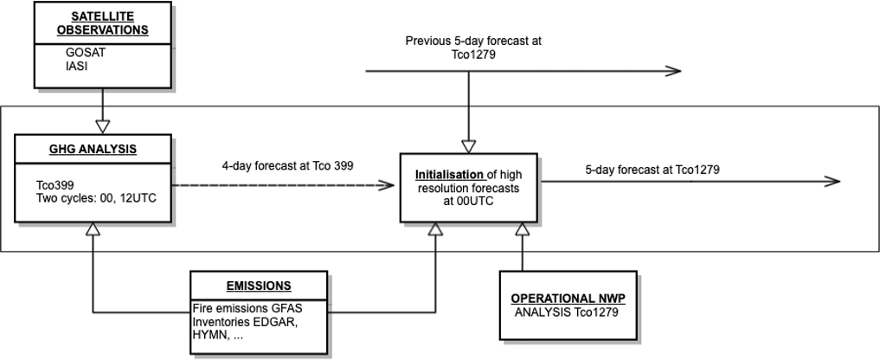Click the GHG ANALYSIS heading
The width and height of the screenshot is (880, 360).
[x=92, y=150]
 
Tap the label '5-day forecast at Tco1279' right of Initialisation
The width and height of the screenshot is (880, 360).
[x=652, y=169]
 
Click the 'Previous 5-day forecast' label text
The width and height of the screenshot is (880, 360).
[x=473, y=41]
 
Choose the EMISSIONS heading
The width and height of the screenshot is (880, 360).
[x=259, y=286]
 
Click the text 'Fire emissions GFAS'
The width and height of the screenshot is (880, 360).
[x=247, y=308]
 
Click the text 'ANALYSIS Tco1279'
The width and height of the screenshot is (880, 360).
[x=567, y=312]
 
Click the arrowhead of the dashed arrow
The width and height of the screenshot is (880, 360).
[x=386, y=184]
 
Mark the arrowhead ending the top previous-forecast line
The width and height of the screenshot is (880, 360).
[x=673, y=70]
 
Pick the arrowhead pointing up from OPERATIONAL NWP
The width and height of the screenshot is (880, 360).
[x=523, y=228]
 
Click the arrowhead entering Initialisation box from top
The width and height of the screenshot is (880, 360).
[x=468, y=145]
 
